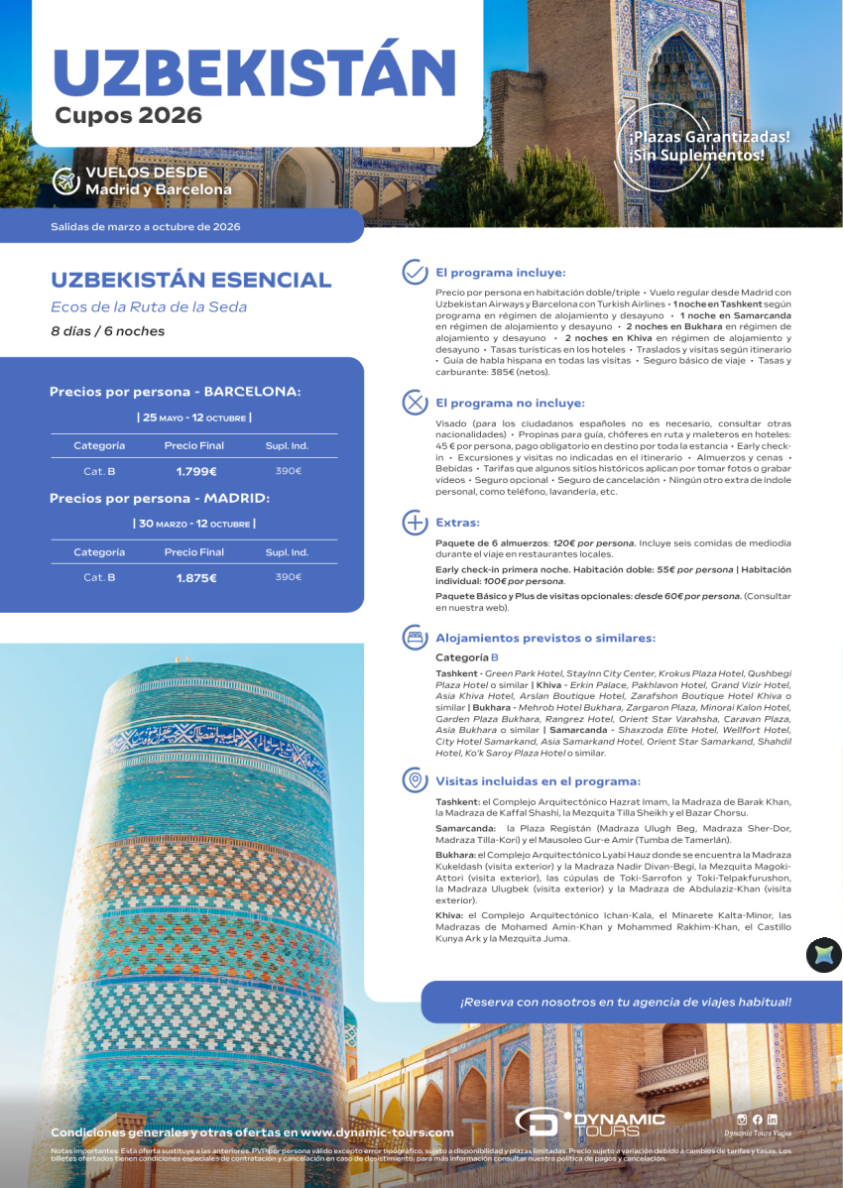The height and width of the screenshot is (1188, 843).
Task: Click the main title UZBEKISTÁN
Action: (254, 69)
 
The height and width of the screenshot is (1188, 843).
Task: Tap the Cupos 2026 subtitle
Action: (128, 116)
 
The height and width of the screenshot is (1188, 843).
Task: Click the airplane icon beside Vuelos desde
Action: (66, 180)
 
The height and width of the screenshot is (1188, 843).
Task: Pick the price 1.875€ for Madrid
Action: (196, 577)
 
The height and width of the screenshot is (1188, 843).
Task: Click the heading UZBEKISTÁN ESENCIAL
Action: (190, 280)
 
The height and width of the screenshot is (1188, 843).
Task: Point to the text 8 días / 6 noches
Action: (108, 331)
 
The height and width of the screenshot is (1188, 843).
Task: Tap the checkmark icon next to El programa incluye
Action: (414, 273)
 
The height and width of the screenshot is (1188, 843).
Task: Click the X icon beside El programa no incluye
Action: (414, 403)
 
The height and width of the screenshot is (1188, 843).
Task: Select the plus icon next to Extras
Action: (414, 523)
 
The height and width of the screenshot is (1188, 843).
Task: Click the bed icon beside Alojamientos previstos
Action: (414, 638)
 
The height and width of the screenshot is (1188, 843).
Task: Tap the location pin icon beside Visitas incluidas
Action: (414, 780)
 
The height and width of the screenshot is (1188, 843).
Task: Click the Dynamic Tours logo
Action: (589, 1123)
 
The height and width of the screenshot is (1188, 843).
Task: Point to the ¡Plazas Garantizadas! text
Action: (708, 137)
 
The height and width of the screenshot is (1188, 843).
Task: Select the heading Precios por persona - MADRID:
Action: (160, 499)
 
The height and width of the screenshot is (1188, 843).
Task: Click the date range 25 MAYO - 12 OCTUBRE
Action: (194, 417)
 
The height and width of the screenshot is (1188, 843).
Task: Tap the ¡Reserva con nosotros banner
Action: (625, 1002)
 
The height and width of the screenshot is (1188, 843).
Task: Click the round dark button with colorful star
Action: (823, 955)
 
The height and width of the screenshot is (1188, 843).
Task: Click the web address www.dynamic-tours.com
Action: (377, 1131)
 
